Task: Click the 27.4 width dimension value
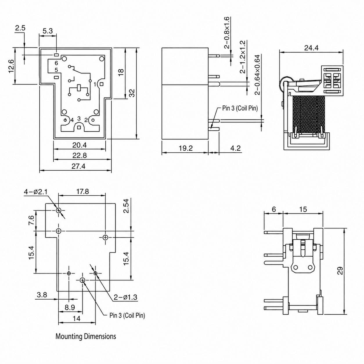click(78, 166)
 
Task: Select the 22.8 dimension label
click(80, 156)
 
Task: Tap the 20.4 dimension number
click(80, 145)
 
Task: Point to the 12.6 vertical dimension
click(11, 66)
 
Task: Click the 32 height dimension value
click(132, 93)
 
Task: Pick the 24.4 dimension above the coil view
click(311, 48)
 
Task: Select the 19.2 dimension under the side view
click(186, 148)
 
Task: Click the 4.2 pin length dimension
click(235, 148)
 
